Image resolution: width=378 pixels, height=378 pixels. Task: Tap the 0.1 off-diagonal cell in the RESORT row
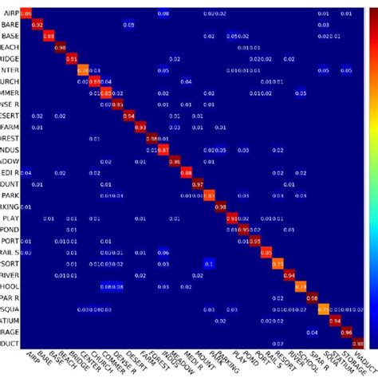point(209,262)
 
